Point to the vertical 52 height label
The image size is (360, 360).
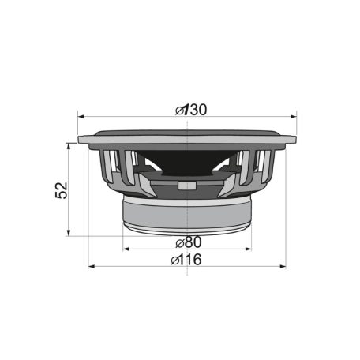62,190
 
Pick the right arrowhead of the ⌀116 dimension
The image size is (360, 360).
283,266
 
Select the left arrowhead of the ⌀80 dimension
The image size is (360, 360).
126,249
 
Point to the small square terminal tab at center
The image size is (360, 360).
186,186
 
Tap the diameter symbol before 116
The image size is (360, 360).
177,260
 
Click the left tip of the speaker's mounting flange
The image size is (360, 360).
81,140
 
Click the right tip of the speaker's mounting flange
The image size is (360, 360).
294,140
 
